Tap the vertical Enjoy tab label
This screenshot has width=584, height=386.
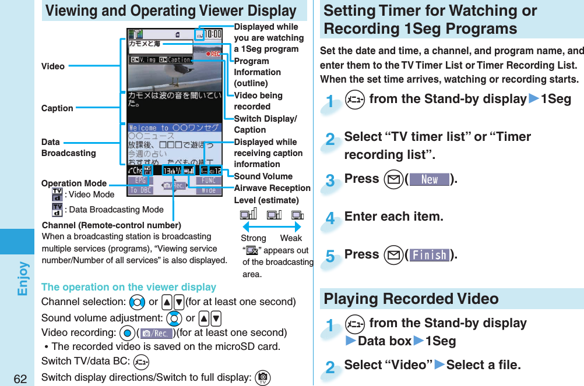point(22,278)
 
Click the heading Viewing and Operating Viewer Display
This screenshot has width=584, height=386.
point(171,10)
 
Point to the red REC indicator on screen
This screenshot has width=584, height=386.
point(213,53)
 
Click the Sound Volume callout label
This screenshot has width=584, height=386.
point(263,176)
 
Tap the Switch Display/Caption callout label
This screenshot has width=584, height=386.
point(265,124)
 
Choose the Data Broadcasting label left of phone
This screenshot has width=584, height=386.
point(68,147)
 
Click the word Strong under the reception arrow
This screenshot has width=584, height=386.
point(254,238)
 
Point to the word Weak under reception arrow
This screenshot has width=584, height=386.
point(291,238)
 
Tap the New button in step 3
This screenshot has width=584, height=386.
point(430,179)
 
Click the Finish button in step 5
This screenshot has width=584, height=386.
point(430,255)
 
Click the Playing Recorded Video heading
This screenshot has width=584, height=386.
point(411,299)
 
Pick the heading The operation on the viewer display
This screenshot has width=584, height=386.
point(129,286)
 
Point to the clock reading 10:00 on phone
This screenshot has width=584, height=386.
point(212,34)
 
